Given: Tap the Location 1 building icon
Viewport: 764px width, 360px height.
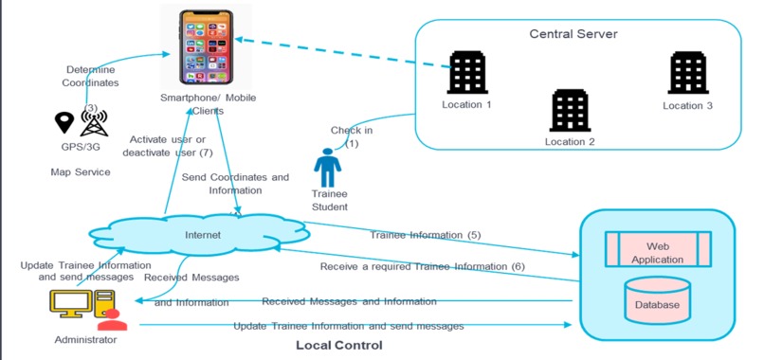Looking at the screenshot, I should coord(466,72).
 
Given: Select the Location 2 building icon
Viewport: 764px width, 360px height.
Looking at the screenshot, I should coord(570,110).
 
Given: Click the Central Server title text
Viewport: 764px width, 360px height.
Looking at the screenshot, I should coord(573,34).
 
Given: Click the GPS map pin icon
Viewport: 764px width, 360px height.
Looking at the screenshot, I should coord(64,123).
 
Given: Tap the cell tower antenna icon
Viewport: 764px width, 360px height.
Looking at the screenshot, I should coord(93,121).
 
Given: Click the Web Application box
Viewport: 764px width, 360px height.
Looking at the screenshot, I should coord(658,251).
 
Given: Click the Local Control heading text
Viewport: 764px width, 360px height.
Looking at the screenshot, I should coord(338,346).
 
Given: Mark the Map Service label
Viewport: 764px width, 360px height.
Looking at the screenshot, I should coord(81,172).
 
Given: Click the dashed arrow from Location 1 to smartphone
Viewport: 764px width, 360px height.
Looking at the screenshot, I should coord(341,52).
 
